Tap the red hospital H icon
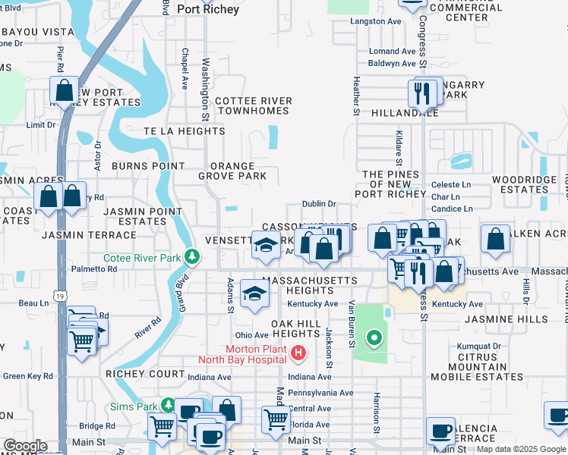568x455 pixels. pyautogui.click(x=298, y=353)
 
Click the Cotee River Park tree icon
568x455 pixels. pyautogui.click(x=193, y=258)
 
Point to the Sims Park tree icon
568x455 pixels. pyautogui.click(x=169, y=406)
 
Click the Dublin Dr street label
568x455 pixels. pyautogui.click(x=318, y=204)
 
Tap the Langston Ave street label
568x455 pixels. pyautogui.click(x=375, y=21)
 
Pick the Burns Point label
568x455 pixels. pyautogui.click(x=148, y=165)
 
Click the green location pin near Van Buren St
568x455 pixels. pyautogui.click(x=373, y=337)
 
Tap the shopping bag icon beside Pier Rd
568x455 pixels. pyautogui.click(x=65, y=91)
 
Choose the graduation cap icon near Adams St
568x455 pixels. pyautogui.click(x=254, y=293)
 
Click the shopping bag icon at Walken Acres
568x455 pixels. pyautogui.click(x=495, y=239)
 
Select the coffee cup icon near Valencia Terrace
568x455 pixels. pyautogui.click(x=440, y=430)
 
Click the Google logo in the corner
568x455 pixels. pyautogui.click(x=25, y=446)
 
